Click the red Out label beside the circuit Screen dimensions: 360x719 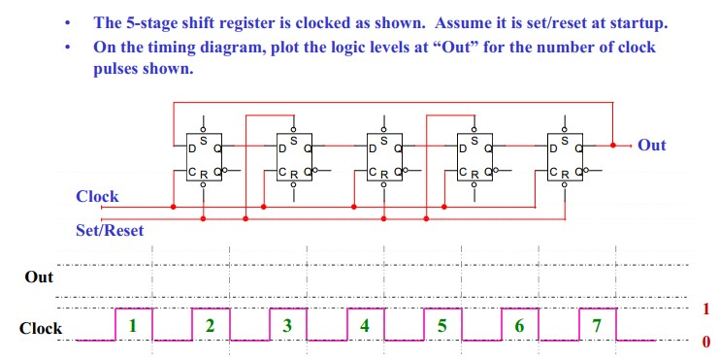(x=652, y=145)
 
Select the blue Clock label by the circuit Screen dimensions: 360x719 (x=97, y=196)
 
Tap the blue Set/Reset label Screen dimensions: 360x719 (x=110, y=230)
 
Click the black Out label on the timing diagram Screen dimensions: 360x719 (x=39, y=278)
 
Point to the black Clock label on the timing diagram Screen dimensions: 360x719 (x=41, y=328)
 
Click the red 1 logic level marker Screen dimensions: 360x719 (x=705, y=309)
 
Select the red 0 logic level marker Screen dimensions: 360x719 (x=705, y=342)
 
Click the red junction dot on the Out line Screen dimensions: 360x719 (x=613, y=145)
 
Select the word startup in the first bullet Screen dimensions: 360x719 (x=638, y=21)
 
